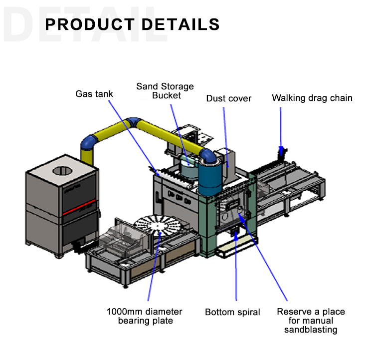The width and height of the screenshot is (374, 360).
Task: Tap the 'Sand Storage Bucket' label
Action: (165, 91)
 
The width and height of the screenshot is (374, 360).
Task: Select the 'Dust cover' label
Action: (229, 98)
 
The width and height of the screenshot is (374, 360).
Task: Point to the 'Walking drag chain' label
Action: (312, 98)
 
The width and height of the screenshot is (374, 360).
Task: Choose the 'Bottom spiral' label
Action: (232, 313)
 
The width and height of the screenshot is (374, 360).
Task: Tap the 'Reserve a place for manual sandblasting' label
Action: (311, 321)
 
